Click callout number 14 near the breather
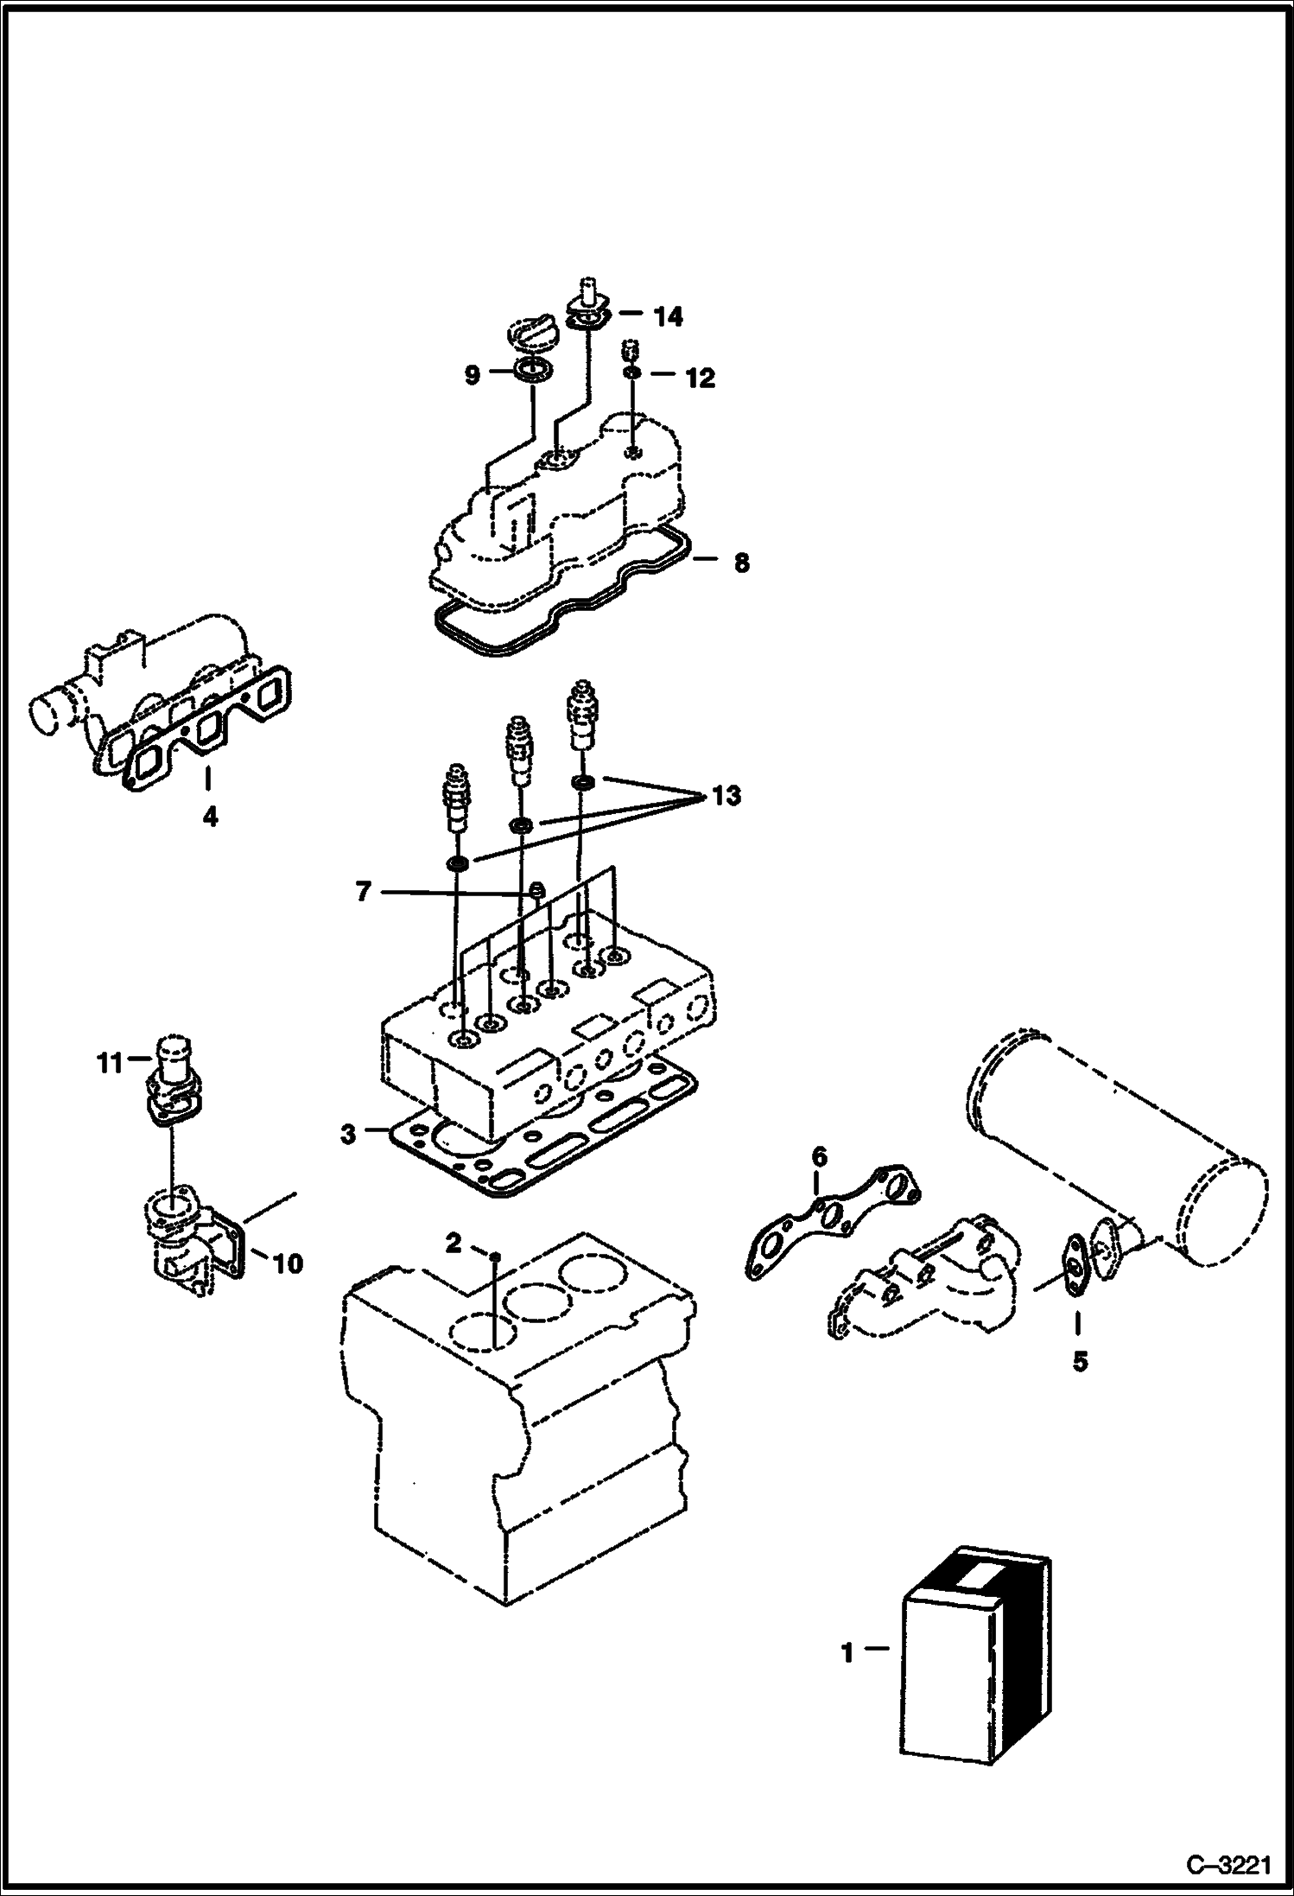(x=668, y=317)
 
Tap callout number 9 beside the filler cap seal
(x=472, y=376)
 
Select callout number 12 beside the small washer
(x=701, y=378)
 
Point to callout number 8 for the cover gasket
(x=741, y=563)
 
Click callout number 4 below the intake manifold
(x=210, y=816)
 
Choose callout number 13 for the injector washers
(x=726, y=795)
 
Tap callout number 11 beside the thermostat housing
(x=109, y=1062)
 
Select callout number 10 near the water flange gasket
(x=288, y=1264)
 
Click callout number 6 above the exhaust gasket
(x=819, y=1156)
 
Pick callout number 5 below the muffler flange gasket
(x=1080, y=1362)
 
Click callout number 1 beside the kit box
(x=847, y=1652)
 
